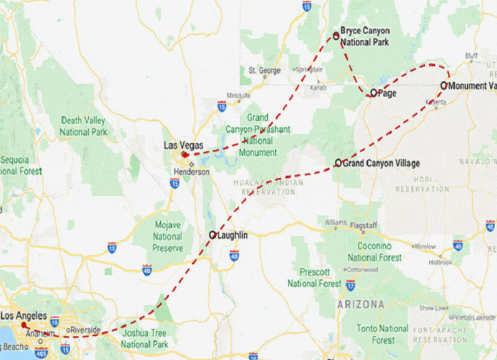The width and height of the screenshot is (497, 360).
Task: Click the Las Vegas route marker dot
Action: click(185, 154)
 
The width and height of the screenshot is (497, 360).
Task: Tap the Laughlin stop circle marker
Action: click(212, 235)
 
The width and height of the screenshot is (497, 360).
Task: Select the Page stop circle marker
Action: click(374, 93)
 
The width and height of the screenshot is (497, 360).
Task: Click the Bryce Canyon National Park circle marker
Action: click(336, 35)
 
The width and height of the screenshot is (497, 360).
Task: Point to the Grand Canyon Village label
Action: click(381, 163)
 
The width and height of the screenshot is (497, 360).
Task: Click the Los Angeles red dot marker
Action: click(24, 325)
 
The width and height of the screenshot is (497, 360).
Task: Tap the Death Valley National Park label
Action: click(83, 126)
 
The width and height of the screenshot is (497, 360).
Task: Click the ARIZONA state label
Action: click(360, 305)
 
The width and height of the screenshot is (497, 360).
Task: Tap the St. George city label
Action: click(265, 70)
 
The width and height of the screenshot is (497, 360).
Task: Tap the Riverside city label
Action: click(85, 330)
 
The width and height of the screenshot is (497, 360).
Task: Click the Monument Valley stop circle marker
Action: click(444, 85)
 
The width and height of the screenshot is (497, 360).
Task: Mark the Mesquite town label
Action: click(238, 96)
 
